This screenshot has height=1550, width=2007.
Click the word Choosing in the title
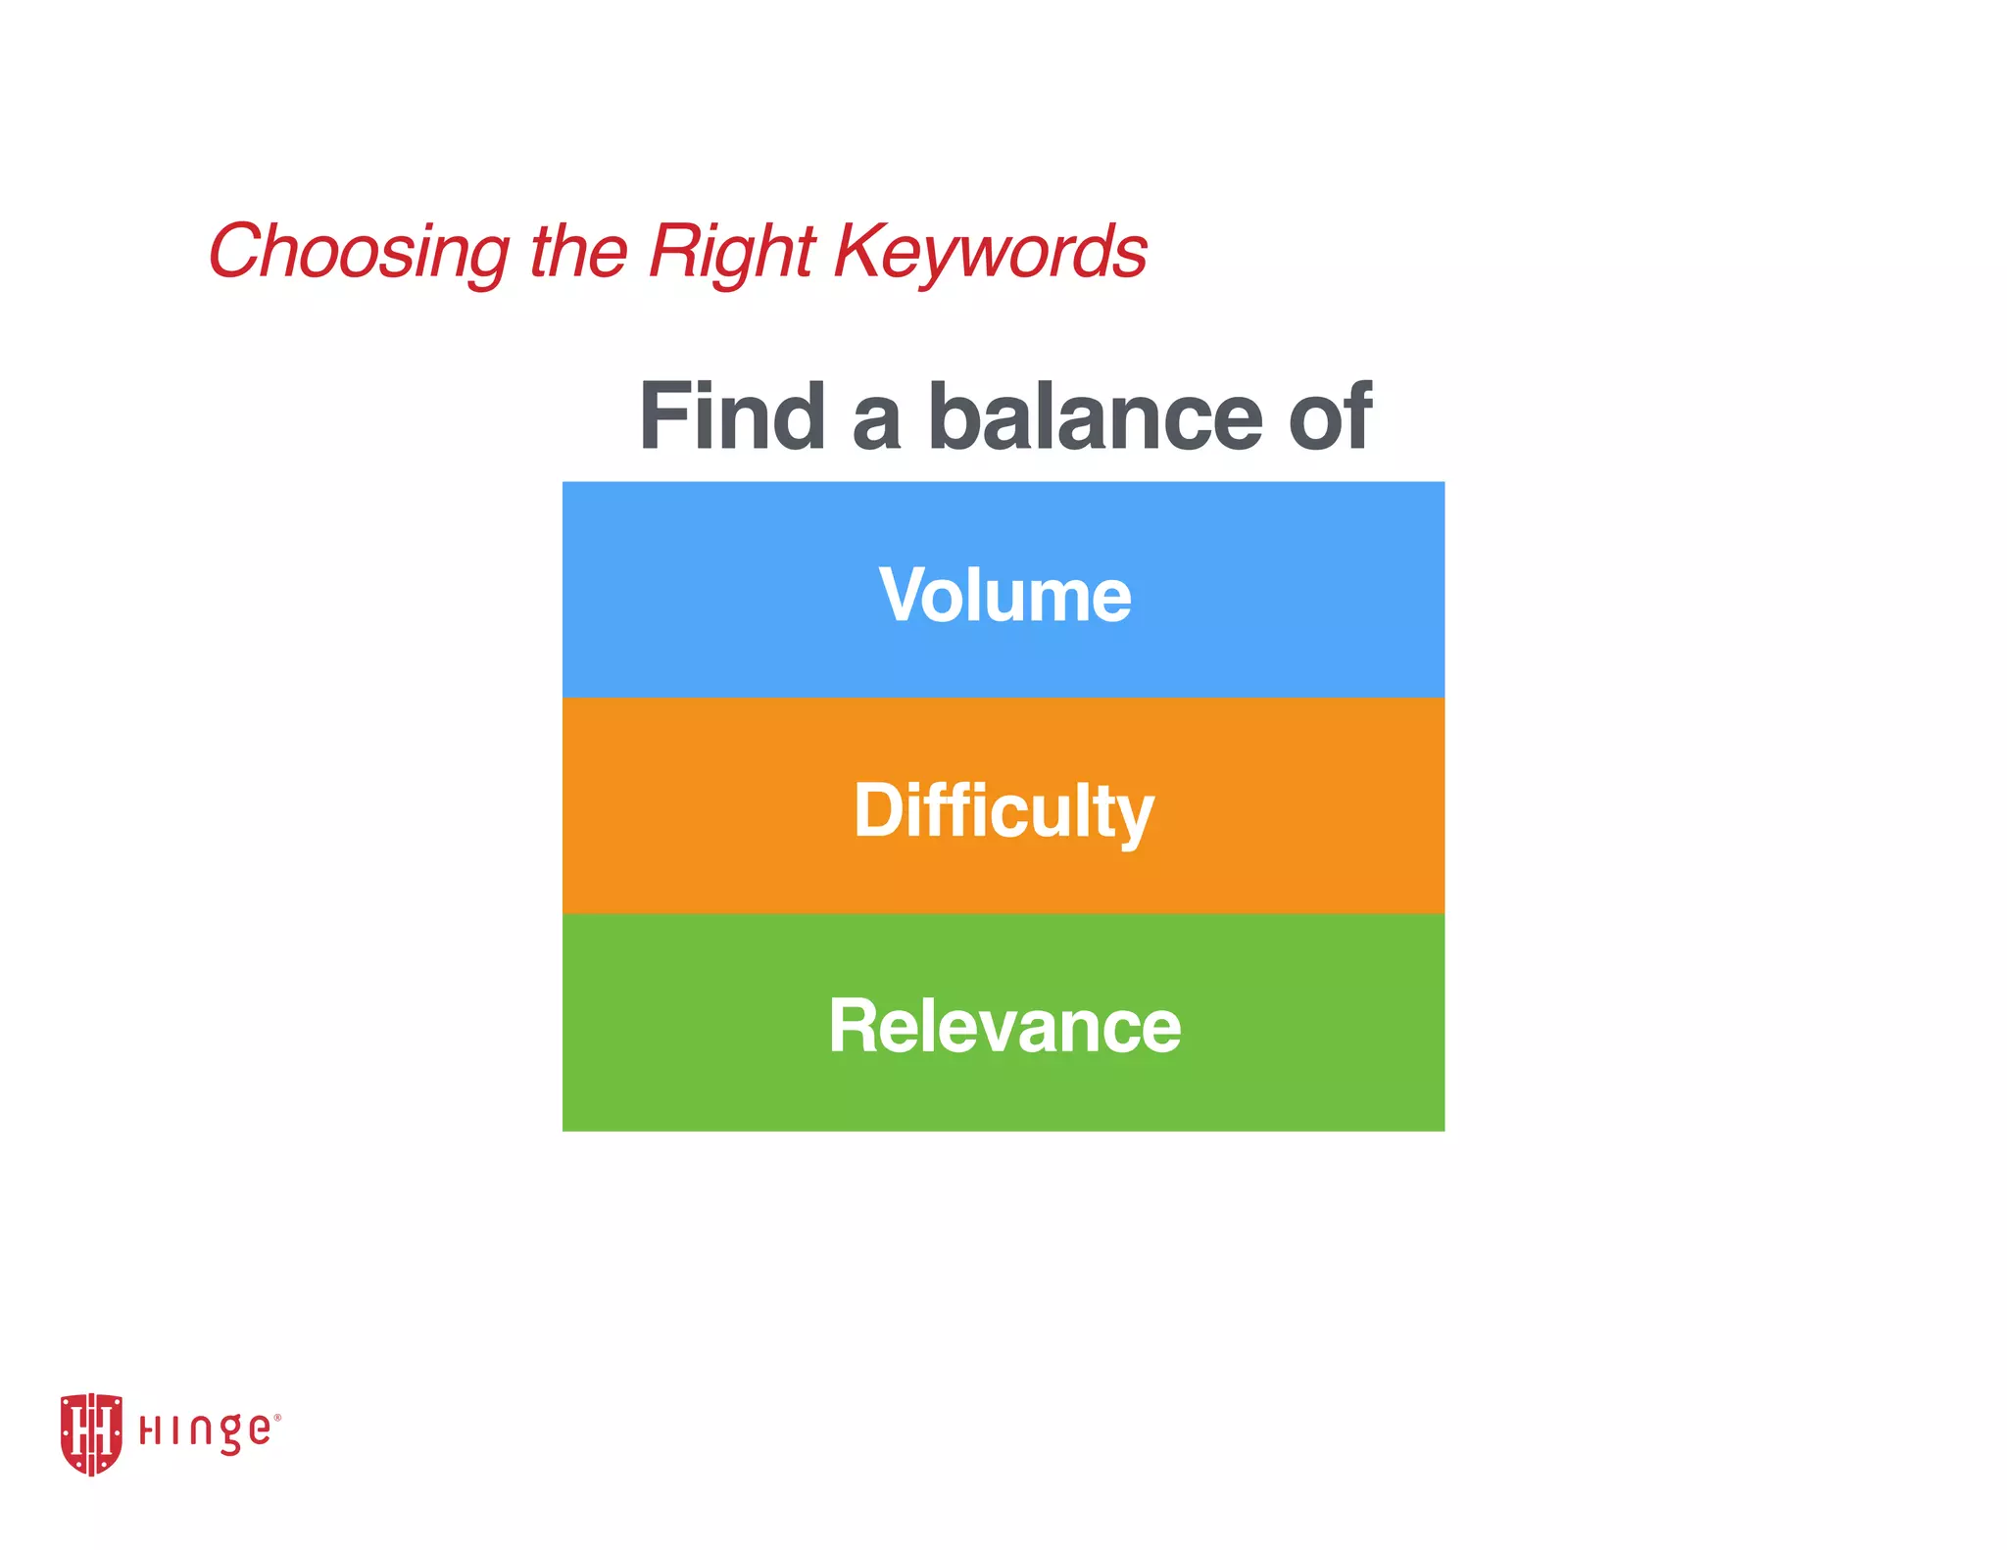click(x=359, y=252)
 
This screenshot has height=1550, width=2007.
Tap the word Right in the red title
click(x=731, y=252)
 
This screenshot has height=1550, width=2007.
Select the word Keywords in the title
click(x=990, y=252)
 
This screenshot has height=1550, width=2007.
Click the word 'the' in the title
click(x=578, y=252)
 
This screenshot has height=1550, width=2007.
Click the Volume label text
click(x=1004, y=595)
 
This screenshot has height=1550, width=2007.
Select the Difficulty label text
click(x=1003, y=811)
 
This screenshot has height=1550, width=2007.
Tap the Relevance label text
click(x=1004, y=1026)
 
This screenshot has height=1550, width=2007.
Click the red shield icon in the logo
click(x=91, y=1433)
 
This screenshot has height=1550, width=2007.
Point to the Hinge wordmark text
click(x=205, y=1431)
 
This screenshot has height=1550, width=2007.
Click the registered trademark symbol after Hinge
click(x=277, y=1417)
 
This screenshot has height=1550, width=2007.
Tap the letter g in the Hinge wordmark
click(x=228, y=1435)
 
